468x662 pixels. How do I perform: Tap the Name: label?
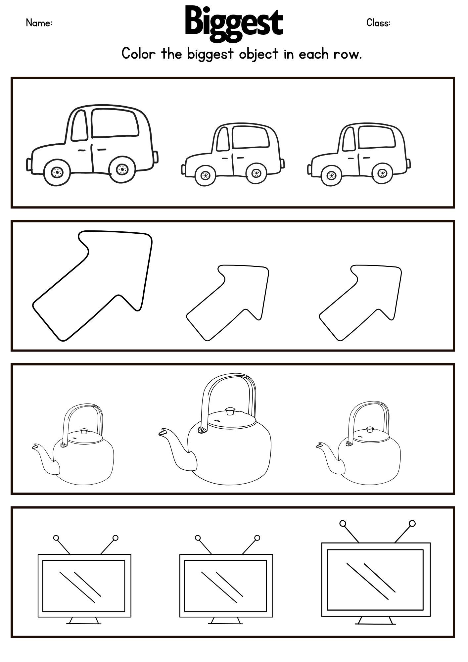click(x=39, y=23)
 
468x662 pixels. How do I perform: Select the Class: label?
click(x=378, y=23)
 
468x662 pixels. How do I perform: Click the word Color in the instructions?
click(x=138, y=53)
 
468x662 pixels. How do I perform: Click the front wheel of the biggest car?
click(x=57, y=172)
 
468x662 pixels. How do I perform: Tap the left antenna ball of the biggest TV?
click(x=343, y=523)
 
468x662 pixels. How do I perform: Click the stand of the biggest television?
click(x=375, y=620)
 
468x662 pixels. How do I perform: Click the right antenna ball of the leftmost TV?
click(x=115, y=538)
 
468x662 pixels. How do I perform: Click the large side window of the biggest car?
click(x=115, y=122)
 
